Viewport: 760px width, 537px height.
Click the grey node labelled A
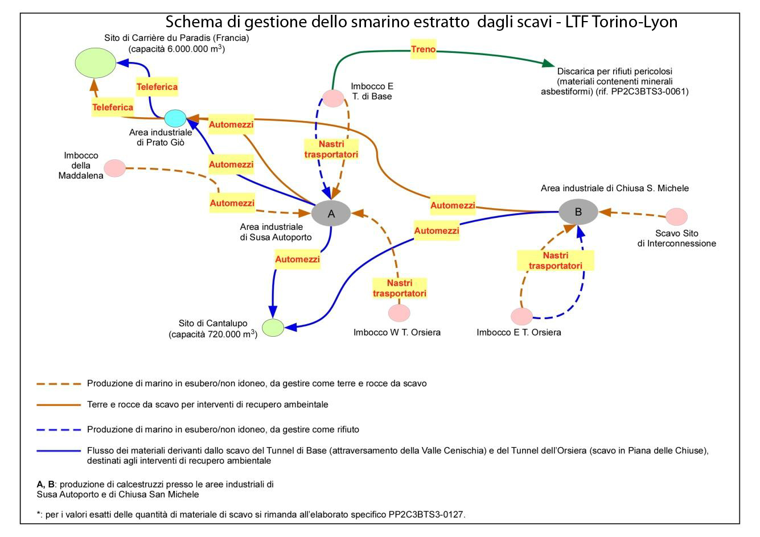[331, 214]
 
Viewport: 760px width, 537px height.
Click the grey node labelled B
[578, 212]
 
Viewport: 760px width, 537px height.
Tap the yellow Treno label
[424, 49]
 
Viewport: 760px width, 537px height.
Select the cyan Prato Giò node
[175, 118]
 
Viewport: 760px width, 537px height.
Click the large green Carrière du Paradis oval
[96, 63]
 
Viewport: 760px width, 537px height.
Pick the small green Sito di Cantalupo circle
[273, 328]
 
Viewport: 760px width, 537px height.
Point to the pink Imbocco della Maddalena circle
[115, 168]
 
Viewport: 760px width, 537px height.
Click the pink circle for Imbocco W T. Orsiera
[399, 312]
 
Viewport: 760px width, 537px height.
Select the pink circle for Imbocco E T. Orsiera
[521, 316]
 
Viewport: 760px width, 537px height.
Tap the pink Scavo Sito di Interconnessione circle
[677, 216]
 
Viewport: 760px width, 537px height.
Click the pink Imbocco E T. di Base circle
[334, 98]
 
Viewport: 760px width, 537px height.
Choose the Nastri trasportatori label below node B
[555, 261]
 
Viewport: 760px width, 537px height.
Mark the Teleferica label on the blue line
[157, 87]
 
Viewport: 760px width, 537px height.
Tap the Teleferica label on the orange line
[113, 107]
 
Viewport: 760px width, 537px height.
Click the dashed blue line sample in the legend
[59, 429]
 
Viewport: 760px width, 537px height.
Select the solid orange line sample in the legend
[59, 405]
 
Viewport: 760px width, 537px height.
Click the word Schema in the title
[191, 22]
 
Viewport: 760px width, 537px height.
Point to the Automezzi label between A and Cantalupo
[297, 259]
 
